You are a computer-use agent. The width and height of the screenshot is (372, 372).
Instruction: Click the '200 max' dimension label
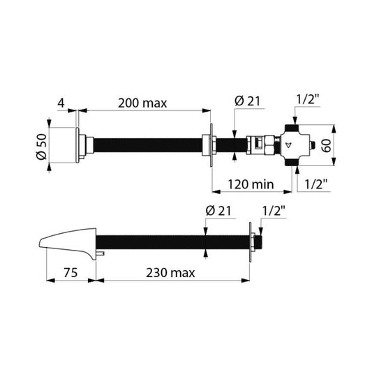coord(142,103)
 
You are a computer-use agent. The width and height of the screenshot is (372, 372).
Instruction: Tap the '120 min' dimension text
coord(251,184)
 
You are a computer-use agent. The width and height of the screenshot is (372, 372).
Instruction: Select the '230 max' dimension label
coord(170,273)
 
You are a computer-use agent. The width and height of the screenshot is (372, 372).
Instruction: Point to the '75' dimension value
coord(70,273)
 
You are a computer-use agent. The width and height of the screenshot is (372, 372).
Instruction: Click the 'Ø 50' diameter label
coord(42,147)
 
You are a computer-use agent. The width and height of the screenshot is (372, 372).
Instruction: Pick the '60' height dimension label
coord(327,145)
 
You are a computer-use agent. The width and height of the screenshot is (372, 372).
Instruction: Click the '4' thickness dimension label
coord(61,103)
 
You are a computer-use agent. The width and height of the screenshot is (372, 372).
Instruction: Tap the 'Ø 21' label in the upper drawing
coord(247,101)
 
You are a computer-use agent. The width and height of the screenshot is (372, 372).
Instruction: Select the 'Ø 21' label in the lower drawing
coord(218,211)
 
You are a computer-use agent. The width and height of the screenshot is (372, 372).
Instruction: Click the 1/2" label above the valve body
coord(308,99)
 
